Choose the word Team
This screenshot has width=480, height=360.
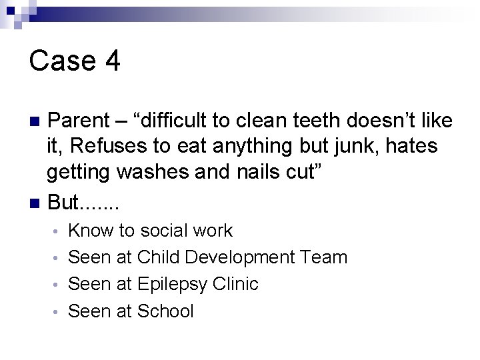pos(323,257)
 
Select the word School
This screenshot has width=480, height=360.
pos(165,311)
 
